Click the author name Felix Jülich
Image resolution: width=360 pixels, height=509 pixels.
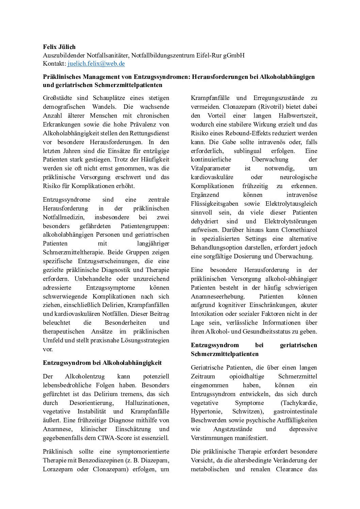[x=59, y=47]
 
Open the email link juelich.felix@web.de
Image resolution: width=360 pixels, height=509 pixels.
[x=96, y=64]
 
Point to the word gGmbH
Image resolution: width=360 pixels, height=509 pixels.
[x=234, y=55]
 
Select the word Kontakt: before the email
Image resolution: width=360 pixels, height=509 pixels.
[x=54, y=64]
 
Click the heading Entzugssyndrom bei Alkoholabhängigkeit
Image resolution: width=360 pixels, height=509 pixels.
[x=102, y=363]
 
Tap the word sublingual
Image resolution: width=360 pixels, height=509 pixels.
[x=247, y=151]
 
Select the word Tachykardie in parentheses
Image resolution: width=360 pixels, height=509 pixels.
[x=299, y=403]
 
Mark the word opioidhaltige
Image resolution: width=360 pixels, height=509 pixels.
[x=247, y=376]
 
